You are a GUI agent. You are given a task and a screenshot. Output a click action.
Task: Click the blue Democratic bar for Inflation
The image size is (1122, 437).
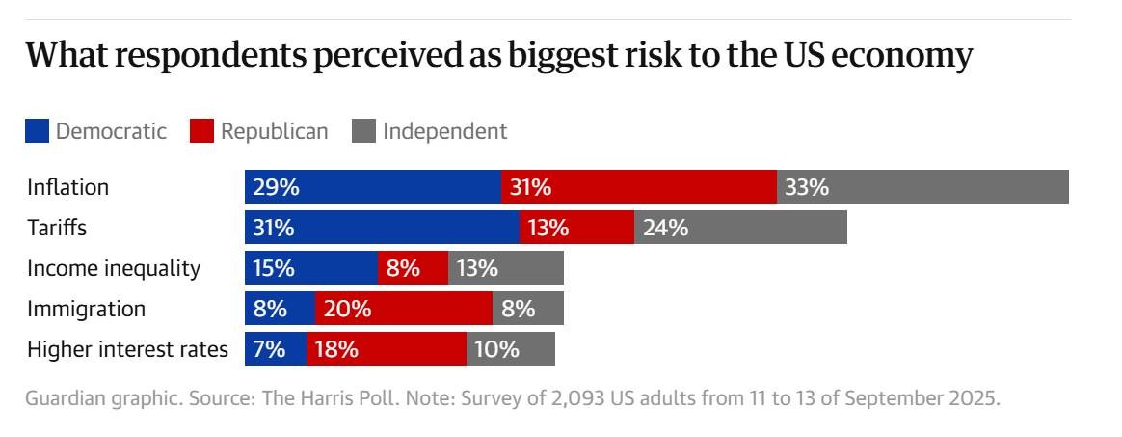(372, 187)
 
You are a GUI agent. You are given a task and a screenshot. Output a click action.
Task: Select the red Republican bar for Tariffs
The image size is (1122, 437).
(576, 228)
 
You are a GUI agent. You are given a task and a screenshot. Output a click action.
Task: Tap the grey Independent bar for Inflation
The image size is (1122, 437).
(922, 187)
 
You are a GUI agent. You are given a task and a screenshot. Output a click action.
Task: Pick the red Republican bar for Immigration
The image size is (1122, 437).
(403, 309)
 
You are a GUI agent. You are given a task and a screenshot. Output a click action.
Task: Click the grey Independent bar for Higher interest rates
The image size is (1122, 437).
(511, 349)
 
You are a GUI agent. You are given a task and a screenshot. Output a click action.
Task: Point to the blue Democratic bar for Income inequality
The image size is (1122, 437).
(310, 268)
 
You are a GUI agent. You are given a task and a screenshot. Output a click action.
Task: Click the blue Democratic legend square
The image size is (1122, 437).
(37, 131)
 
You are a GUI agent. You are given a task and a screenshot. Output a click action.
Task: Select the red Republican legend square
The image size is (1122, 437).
(201, 131)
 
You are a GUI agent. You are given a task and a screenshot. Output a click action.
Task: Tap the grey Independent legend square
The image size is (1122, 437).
(363, 131)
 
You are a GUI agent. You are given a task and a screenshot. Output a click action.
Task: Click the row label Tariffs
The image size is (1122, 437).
(57, 229)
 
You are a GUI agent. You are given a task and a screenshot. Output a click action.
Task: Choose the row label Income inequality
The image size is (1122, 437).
(114, 269)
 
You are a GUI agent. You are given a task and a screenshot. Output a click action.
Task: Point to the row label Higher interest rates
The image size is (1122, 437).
(127, 349)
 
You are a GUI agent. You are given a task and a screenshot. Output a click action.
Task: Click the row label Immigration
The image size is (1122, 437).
(87, 310)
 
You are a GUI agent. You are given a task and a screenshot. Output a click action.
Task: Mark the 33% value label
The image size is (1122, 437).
(807, 187)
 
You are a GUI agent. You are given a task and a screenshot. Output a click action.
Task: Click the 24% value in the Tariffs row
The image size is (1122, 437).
(665, 228)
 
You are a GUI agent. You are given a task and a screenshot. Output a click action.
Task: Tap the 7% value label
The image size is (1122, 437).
(269, 349)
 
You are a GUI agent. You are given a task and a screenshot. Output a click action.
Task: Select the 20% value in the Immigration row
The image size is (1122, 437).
(347, 309)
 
